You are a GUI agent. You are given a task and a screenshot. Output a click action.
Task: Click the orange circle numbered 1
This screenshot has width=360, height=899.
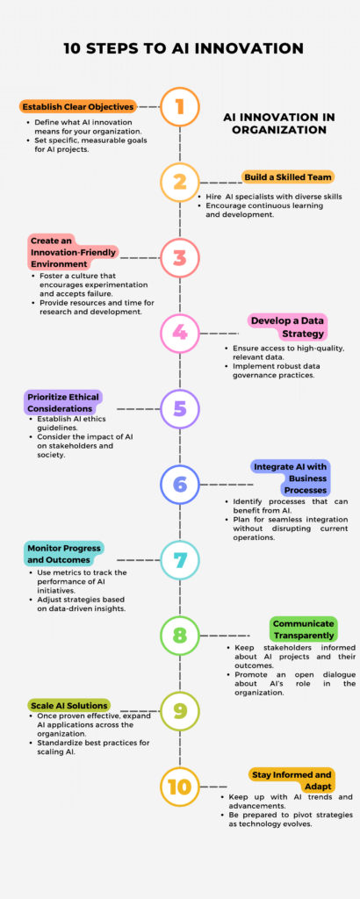180,106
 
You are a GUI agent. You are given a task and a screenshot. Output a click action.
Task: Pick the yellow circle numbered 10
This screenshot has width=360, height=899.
180,786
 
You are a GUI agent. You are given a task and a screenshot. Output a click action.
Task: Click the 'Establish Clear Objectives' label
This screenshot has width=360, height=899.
78,106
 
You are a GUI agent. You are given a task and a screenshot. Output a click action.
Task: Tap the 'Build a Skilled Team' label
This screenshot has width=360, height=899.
288,176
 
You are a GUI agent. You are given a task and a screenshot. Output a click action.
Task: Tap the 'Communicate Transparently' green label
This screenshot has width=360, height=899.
303,629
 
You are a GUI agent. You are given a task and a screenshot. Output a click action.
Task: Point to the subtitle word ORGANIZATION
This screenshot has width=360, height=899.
279,130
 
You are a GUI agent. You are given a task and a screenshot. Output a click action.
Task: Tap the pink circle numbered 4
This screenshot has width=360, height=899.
180,333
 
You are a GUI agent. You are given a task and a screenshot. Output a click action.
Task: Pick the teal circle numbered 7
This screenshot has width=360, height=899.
180,559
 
